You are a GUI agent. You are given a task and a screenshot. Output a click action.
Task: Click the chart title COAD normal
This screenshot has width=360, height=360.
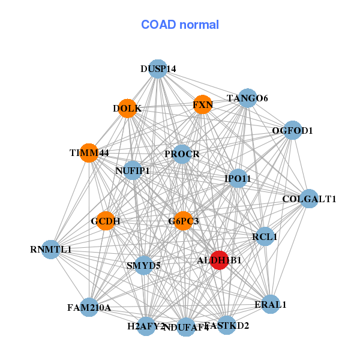point(180,25)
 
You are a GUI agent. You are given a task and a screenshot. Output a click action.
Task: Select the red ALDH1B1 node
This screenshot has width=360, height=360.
point(220,260)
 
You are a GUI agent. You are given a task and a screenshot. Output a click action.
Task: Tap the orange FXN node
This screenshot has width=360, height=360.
point(203,104)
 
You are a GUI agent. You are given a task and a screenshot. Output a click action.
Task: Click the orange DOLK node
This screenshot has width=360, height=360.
point(127,109)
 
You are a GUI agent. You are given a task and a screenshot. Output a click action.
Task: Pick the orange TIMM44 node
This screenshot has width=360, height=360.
point(89,153)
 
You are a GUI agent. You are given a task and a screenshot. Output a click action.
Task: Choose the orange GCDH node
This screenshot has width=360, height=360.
point(106,221)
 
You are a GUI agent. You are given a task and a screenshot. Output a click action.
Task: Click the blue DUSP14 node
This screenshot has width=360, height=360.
point(158,68)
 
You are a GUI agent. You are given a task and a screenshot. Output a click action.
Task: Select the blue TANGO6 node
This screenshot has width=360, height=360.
point(247,98)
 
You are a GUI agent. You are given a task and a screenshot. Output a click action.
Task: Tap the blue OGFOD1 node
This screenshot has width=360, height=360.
point(292,130)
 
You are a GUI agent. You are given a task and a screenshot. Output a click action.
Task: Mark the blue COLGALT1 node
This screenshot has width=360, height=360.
point(309,199)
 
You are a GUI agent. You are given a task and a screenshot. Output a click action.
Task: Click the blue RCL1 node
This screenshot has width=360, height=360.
point(265,236)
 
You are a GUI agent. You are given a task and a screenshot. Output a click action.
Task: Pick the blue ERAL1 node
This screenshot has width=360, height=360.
point(271,304)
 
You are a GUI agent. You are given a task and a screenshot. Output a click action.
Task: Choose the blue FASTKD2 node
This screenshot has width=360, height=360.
point(227,326)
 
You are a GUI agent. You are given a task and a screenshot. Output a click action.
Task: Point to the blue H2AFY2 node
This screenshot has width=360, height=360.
point(146,326)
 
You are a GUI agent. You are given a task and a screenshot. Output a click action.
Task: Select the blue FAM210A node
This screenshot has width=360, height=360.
point(89,308)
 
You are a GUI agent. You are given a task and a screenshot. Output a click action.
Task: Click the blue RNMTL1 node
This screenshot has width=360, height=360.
point(51,249)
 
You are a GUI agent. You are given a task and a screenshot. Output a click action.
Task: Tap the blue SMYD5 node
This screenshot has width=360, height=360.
point(143,265)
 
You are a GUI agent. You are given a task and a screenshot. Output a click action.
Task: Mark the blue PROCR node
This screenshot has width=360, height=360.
point(182,154)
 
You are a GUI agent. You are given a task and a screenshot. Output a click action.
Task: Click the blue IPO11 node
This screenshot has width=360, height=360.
point(238,178)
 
